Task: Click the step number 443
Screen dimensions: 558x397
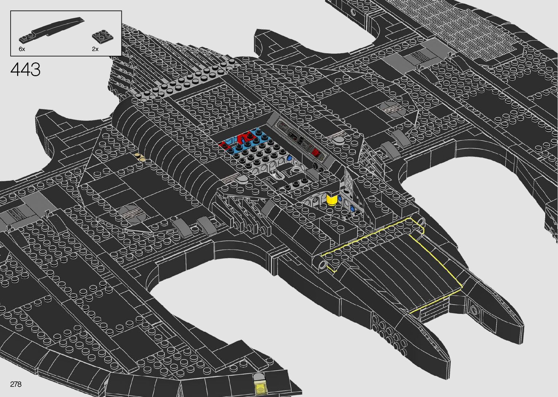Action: coord(26,69)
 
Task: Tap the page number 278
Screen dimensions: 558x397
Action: coord(16,384)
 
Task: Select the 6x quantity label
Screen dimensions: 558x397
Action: coord(22,49)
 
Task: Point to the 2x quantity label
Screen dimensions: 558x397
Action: coord(95,49)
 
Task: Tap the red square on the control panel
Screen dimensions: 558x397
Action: coord(316,152)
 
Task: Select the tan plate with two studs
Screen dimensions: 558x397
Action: coord(140,157)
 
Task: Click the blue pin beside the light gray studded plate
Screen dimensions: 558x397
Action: coord(289,159)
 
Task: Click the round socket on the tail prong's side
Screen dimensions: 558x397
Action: coord(474,310)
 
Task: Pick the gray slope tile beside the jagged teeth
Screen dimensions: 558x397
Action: coord(268,207)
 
